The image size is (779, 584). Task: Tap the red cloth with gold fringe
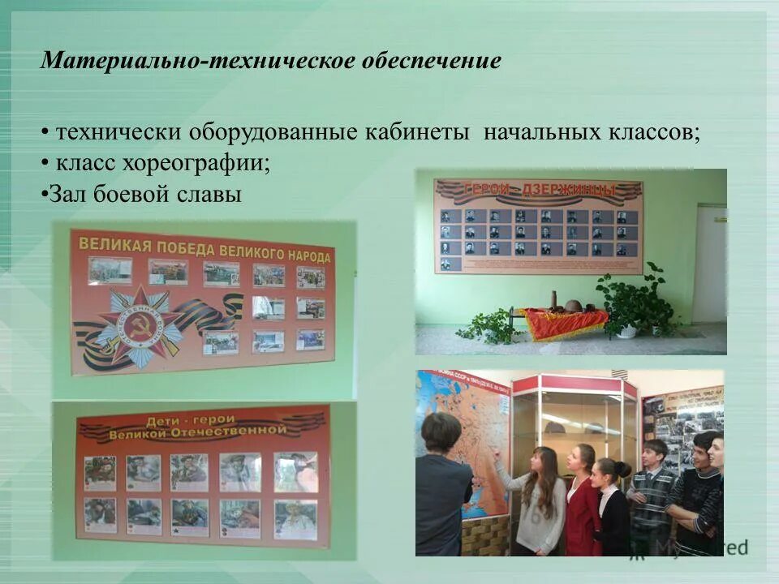click(566, 323)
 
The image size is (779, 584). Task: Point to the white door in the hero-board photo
click(711, 264)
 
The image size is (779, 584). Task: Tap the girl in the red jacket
click(582, 503)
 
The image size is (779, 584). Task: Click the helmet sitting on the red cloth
click(573, 306)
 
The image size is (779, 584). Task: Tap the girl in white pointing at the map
click(540, 503)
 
